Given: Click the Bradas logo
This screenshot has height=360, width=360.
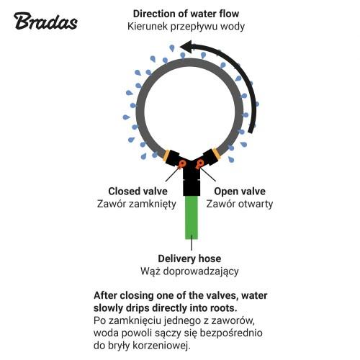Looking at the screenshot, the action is pos(45,21).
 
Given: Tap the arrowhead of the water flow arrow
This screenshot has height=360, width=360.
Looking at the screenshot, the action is pos(187,47).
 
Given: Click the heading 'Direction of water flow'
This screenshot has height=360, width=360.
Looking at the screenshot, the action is pos(186,14).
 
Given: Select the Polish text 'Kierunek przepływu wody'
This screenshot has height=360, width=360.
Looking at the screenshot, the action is pos(186,27).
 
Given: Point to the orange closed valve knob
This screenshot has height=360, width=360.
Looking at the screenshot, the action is pos(183,163).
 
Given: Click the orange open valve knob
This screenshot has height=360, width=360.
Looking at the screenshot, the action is pos(199,163).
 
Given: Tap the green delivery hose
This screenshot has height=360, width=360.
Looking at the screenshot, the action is pos(192,217).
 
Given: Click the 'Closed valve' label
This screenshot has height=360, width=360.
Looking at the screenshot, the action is pos(138,192).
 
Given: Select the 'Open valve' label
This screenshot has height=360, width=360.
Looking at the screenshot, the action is pos(240,192).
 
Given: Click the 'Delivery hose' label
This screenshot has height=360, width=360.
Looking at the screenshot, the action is pos(189,258).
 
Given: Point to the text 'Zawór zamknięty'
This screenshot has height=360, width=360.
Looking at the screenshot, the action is pos(137,204).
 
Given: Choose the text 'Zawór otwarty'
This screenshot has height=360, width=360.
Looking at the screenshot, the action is pos(240,204).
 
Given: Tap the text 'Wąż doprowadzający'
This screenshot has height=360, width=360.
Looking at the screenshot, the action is pos(189,271).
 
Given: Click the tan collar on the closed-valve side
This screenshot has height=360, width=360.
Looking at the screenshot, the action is pos(166,156).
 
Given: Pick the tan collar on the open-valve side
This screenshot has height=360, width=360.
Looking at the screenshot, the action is pos(215,153).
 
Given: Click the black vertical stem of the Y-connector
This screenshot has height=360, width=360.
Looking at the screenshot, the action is pos(192,181).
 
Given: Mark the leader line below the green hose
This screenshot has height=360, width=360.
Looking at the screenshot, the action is pos(192,243).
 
